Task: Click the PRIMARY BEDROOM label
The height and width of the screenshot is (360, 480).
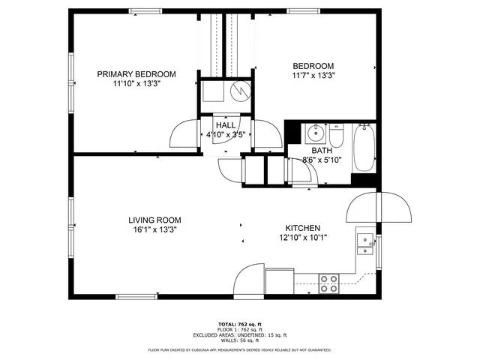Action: (136, 74)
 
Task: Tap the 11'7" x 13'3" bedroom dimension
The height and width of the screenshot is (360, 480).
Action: (313, 75)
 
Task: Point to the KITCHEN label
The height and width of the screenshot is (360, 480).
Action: (303, 228)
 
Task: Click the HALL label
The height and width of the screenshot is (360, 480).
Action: (226, 125)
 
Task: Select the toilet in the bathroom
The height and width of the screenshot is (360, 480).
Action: (337, 139)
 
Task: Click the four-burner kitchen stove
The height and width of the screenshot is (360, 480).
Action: (328, 283)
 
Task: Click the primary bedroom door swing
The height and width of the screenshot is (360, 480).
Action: (184, 136)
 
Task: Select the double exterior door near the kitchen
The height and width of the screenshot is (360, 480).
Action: (380, 207)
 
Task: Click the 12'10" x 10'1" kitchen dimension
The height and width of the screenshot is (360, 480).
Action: (303, 238)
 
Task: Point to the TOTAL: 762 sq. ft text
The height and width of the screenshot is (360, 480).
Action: (239, 323)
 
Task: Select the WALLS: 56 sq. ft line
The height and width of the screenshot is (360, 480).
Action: (239, 340)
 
